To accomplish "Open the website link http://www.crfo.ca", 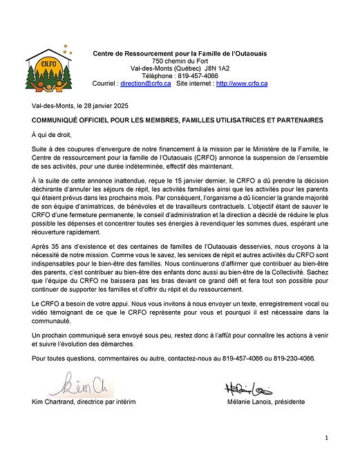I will [242, 83].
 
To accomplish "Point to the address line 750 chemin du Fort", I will [180, 61].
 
